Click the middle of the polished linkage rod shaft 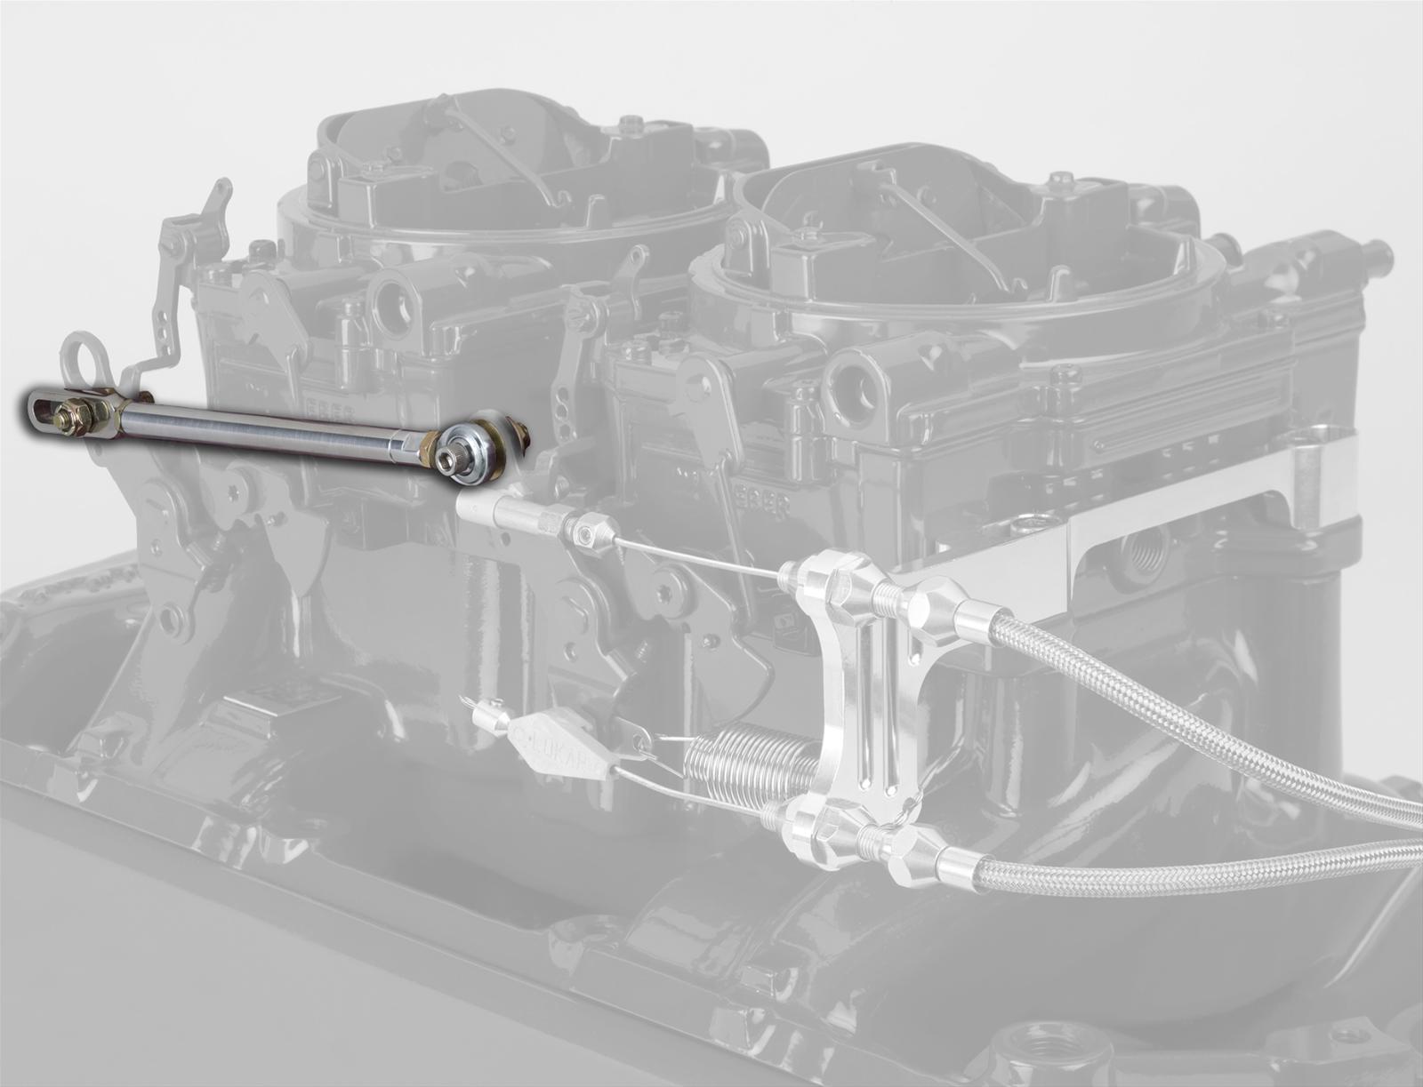(x=276, y=425)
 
